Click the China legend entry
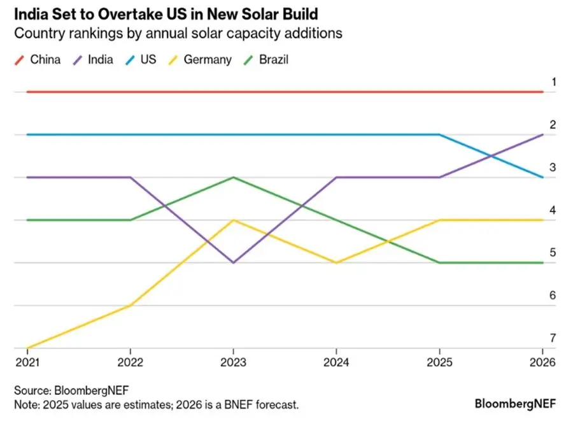[x=38, y=60]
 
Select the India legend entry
[x=94, y=60]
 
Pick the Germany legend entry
[x=199, y=60]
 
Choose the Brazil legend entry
[x=265, y=60]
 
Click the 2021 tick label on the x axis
[x=27, y=362]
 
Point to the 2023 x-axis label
[x=233, y=362]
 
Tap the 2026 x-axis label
[x=542, y=362]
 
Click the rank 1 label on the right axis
[x=553, y=82]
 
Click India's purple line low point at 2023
[x=234, y=262]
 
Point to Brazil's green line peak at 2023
[x=234, y=177]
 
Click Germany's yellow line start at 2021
[x=28, y=348]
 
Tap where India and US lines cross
[x=491, y=155]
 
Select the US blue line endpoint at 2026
[x=542, y=177]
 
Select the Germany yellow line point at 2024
[x=336, y=262]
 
